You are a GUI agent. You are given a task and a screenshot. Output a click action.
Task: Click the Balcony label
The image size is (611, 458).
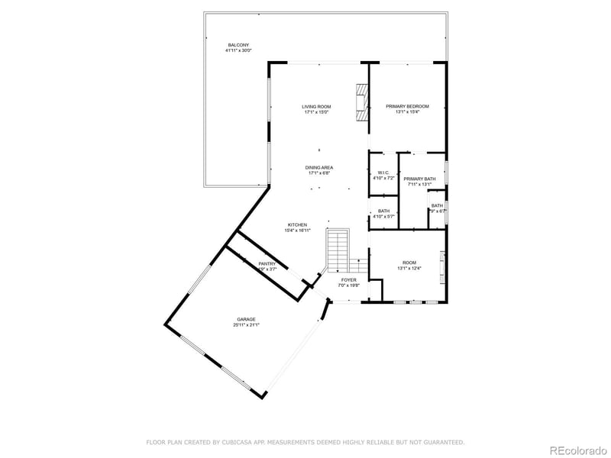238,45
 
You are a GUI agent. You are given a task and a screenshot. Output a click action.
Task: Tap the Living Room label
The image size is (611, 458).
316,107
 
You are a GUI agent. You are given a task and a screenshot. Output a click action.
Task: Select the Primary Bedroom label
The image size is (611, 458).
407,107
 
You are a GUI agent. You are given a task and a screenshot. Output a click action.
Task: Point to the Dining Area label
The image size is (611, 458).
319,168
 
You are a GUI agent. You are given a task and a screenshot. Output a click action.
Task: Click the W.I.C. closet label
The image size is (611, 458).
383,173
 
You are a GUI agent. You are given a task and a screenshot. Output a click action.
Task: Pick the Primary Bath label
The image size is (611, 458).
419,179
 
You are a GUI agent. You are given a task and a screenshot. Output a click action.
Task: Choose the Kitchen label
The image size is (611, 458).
297,224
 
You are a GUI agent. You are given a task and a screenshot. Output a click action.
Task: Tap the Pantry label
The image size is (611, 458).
267,263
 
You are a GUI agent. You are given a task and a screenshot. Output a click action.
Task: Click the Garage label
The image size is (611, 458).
246,319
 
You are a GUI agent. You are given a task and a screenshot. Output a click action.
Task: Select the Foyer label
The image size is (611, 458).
349,280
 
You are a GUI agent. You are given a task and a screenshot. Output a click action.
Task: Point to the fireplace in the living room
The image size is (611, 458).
360,102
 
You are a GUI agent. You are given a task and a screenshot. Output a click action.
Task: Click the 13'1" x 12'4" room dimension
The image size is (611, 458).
409,269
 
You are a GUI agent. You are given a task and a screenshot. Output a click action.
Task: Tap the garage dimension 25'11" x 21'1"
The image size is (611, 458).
246,325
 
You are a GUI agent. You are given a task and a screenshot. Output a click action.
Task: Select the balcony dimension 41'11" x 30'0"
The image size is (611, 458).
238,51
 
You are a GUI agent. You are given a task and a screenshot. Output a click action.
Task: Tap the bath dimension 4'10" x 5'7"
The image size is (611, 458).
383,217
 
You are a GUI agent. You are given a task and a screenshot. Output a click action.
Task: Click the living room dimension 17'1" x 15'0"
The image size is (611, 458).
316,113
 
